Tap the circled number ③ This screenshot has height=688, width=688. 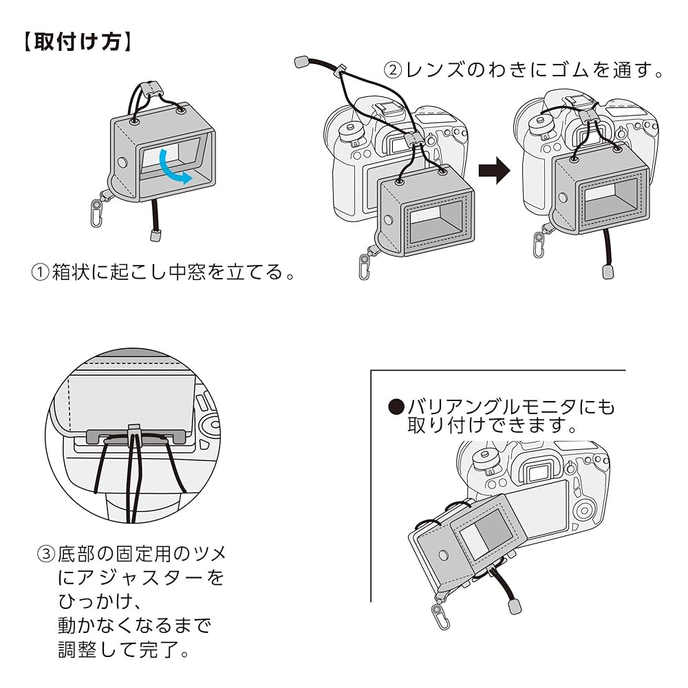tap(45, 553)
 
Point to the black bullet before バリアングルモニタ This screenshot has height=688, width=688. tap(396, 407)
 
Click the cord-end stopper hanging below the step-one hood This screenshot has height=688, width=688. tap(155, 236)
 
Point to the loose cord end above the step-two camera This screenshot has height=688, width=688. tap(299, 63)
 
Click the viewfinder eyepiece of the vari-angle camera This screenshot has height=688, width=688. tap(535, 472)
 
